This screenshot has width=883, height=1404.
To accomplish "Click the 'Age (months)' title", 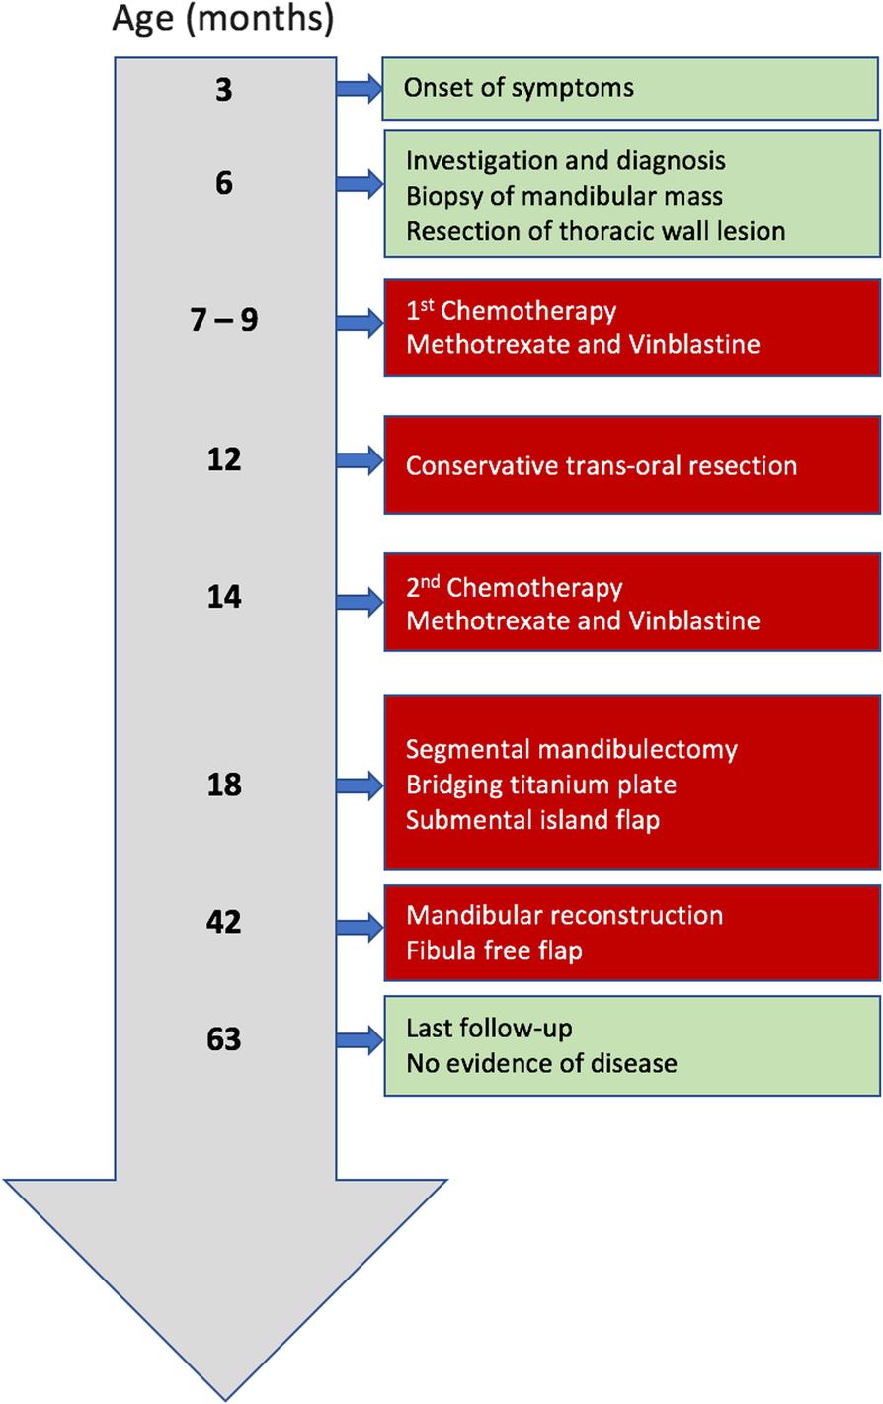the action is (x=223, y=19).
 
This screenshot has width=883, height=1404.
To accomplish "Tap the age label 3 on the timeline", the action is (x=224, y=90).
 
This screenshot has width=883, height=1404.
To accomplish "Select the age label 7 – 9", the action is (x=224, y=320).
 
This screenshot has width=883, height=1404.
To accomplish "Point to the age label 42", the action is (x=224, y=922).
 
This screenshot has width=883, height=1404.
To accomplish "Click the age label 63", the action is (x=224, y=1039).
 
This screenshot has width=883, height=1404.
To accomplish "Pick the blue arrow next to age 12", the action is (x=360, y=461).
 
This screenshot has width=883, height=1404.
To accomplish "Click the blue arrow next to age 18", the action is (x=360, y=786).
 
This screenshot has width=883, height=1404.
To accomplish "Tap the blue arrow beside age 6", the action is (x=360, y=184).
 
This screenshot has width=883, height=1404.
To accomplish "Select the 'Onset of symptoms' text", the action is (x=519, y=88).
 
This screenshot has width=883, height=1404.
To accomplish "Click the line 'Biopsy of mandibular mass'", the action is (x=564, y=197).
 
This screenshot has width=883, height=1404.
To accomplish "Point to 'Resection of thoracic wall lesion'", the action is (x=596, y=231).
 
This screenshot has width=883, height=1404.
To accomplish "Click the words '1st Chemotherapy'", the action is (x=511, y=311).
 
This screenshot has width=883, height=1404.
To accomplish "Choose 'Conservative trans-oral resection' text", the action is (x=601, y=466).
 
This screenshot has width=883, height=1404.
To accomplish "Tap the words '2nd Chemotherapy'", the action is (x=514, y=587).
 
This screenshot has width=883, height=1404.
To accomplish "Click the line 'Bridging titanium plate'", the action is (x=541, y=785).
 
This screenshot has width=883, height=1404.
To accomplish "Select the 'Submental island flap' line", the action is (x=532, y=820).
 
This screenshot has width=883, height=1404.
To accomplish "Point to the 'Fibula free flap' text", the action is (x=494, y=950).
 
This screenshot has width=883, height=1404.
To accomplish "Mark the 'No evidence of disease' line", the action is (x=541, y=1064).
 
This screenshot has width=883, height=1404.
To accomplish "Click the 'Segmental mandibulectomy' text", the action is (x=572, y=750).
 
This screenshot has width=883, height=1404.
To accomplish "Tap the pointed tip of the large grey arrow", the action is (x=225, y=1400).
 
